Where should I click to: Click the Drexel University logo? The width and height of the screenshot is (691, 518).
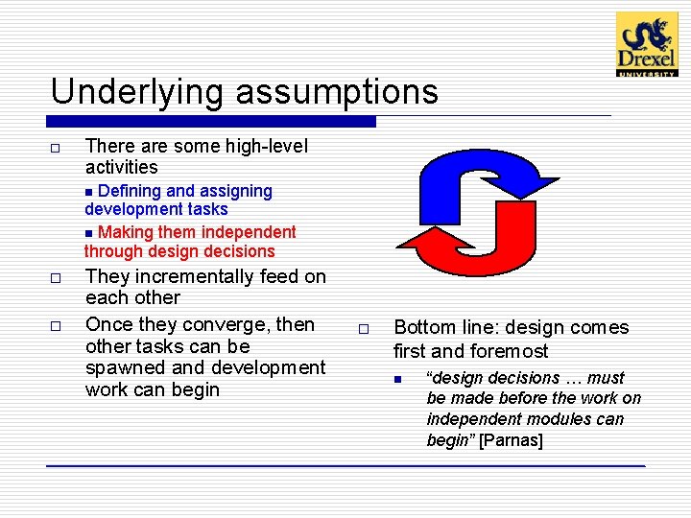pos(646,44)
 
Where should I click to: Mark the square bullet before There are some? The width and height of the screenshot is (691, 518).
pos(56,148)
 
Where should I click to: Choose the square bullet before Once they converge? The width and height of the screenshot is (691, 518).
pos(56,326)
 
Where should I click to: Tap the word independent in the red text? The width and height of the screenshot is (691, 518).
pos(249,231)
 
